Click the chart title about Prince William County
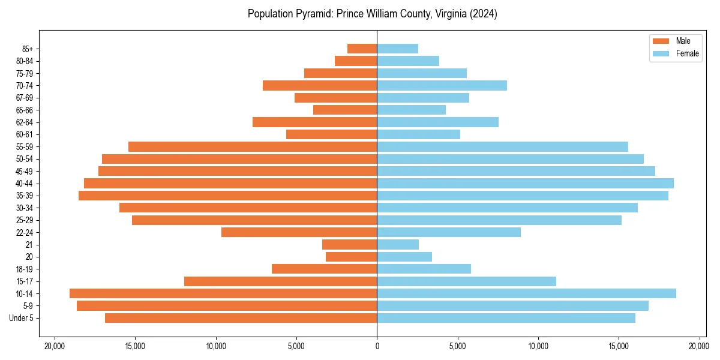[372, 14]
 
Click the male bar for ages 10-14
[223, 293]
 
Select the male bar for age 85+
[362, 49]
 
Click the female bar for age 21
[398, 244]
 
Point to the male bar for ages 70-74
[320, 85]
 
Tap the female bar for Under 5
[506, 318]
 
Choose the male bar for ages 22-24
[299, 232]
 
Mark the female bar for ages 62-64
[437, 122]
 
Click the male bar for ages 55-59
[253, 146]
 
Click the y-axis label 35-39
[25, 196]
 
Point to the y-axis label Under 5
[22, 318]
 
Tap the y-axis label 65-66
[25, 110]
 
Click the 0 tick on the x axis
[377, 346]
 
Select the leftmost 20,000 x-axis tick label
[55, 346]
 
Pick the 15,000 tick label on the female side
[619, 346]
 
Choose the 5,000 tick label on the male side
[296, 346]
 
